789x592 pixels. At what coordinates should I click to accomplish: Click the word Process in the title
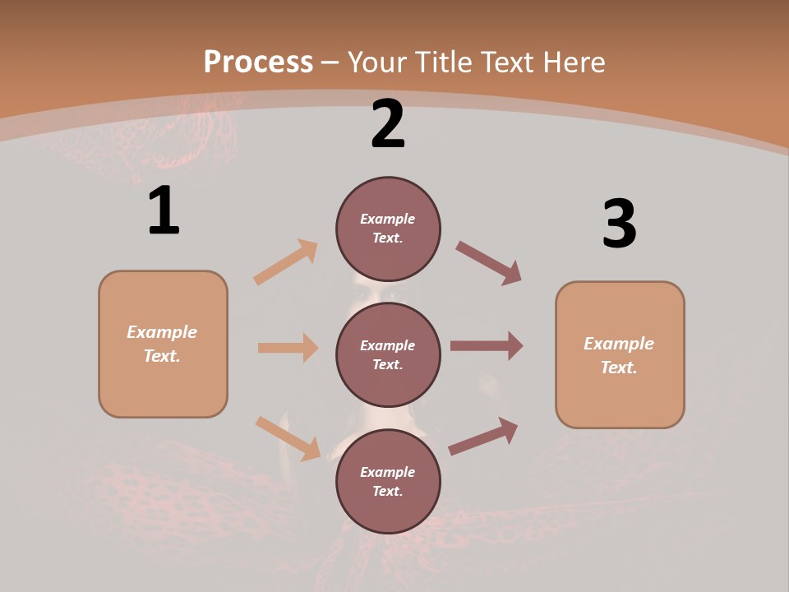[258, 62]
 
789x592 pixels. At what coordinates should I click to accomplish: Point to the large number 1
[164, 211]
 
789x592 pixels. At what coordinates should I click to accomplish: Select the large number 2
[388, 124]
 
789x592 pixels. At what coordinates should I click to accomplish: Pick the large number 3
[619, 224]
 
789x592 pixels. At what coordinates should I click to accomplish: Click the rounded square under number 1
[163, 344]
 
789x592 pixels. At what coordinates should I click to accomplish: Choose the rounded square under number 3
[620, 354]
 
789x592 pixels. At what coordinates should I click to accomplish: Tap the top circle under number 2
[388, 229]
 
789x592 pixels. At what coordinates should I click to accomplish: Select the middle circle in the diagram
[388, 354]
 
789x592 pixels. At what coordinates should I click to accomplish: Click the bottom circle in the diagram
[388, 481]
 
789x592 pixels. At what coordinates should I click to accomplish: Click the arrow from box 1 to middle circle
[288, 348]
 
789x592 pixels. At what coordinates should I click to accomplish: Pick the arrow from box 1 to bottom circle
[288, 438]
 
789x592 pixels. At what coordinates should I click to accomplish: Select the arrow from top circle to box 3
[488, 262]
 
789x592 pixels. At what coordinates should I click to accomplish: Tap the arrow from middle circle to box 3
[487, 346]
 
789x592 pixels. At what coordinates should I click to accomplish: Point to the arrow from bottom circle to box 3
[483, 436]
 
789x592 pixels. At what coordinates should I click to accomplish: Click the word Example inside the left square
[162, 332]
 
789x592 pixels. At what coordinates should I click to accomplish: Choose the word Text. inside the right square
[619, 368]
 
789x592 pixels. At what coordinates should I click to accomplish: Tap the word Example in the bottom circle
[387, 472]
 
